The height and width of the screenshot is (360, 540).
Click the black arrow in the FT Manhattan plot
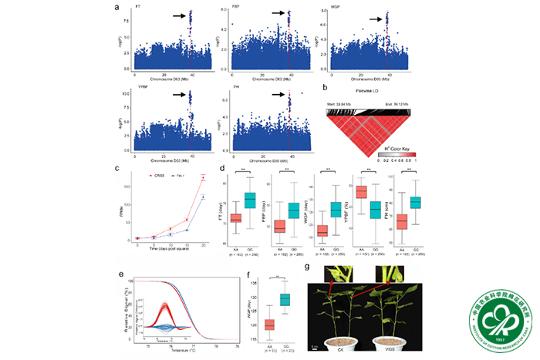coord(177,15)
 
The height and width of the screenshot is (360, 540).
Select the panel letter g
coord(308,270)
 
